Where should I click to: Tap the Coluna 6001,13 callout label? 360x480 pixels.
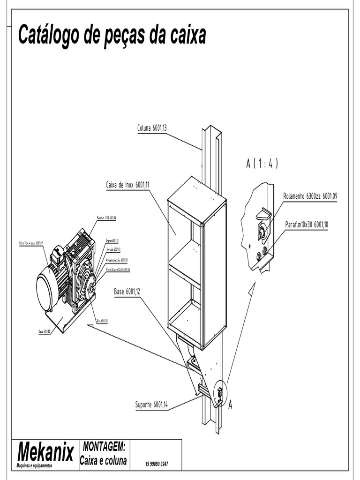[x=152, y=127]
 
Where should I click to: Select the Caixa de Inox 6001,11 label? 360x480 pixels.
[x=127, y=185]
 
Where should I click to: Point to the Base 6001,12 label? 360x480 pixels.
[x=127, y=292]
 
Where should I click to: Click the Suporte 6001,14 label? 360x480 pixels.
[x=151, y=405]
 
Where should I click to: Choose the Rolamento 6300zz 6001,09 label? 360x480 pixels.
[x=310, y=196]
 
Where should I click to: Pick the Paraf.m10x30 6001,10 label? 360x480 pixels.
[x=307, y=225]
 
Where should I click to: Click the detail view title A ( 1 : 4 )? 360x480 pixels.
[x=262, y=164]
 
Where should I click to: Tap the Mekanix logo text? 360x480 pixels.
[x=45, y=452]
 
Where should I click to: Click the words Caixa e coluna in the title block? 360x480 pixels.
[x=103, y=461]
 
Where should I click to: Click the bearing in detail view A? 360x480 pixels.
[x=262, y=231]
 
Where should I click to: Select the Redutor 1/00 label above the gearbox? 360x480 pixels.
[x=106, y=218]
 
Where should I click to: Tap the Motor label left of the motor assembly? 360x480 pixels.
[x=31, y=243]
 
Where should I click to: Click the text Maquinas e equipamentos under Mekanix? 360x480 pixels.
[x=34, y=465]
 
